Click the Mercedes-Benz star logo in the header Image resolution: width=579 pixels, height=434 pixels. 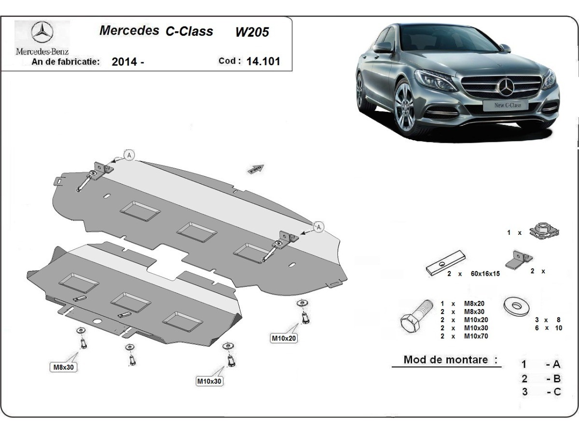pyautogui.click(x=42, y=33)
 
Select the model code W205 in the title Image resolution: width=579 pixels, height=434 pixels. pyautogui.click(x=252, y=32)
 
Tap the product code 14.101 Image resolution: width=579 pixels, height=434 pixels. pyautogui.click(x=263, y=61)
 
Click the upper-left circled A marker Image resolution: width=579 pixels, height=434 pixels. pyautogui.click(x=128, y=155)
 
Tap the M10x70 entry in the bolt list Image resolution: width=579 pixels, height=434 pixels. pyautogui.click(x=475, y=336)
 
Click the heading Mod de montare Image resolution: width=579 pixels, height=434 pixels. pyautogui.click(x=445, y=360)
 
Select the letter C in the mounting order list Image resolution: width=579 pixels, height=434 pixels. pyautogui.click(x=557, y=392)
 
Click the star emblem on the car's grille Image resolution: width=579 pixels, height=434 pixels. pyautogui.click(x=506, y=87)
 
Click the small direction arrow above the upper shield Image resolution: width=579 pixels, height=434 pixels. pyautogui.click(x=256, y=168)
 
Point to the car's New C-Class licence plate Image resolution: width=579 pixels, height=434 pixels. pyautogui.click(x=508, y=105)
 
